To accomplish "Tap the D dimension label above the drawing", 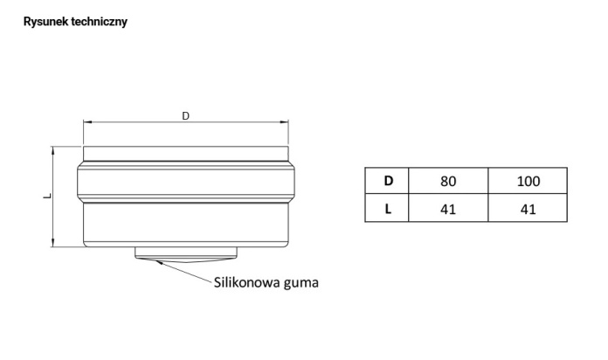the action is [186, 116].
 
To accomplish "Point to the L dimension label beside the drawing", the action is [47, 197].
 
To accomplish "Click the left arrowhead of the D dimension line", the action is [87, 122].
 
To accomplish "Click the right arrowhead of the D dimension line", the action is [284, 122].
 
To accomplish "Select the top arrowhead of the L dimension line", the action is [52, 150].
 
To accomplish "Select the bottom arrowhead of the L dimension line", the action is [52, 242].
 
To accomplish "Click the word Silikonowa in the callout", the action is [247, 282].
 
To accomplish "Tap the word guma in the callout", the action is [301, 283].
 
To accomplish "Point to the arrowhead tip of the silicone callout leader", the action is [156, 260].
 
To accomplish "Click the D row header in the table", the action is [387, 181].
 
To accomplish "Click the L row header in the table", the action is [387, 208].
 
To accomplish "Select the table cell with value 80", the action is [448, 181].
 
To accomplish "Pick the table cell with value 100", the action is [528, 181].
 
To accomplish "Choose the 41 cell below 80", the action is [448, 208].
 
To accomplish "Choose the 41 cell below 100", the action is [528, 208].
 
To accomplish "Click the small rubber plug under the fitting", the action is [186, 254].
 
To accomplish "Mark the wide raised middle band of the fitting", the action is [186, 182].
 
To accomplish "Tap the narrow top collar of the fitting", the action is [186, 154].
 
